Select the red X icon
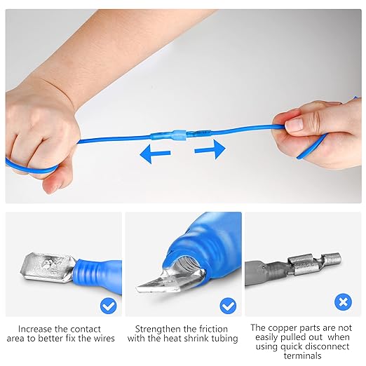342,303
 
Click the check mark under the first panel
107,306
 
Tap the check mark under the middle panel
228,306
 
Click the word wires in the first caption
102,339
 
